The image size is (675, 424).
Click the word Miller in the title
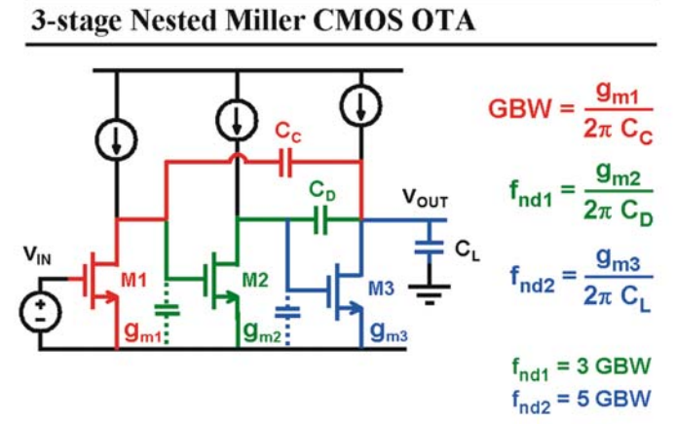point(265,20)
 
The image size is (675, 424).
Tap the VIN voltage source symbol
point(41,312)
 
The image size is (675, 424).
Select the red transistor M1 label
point(133,281)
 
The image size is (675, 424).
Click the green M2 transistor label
point(255,281)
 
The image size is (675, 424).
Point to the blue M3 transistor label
point(381,289)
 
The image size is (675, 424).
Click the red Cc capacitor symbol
point(285,163)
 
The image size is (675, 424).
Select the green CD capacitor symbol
point(320,219)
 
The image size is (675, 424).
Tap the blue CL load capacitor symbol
point(429,248)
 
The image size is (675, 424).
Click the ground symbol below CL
point(430,294)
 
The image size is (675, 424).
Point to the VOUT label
point(425,198)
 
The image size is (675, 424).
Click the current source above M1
point(116,140)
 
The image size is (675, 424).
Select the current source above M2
point(237,120)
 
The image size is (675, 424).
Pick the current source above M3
point(360,105)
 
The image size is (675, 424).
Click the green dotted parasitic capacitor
point(167,310)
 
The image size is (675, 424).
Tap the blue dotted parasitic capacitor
point(287,313)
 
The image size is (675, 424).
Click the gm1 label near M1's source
point(141,332)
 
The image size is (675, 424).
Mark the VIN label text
point(37,255)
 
